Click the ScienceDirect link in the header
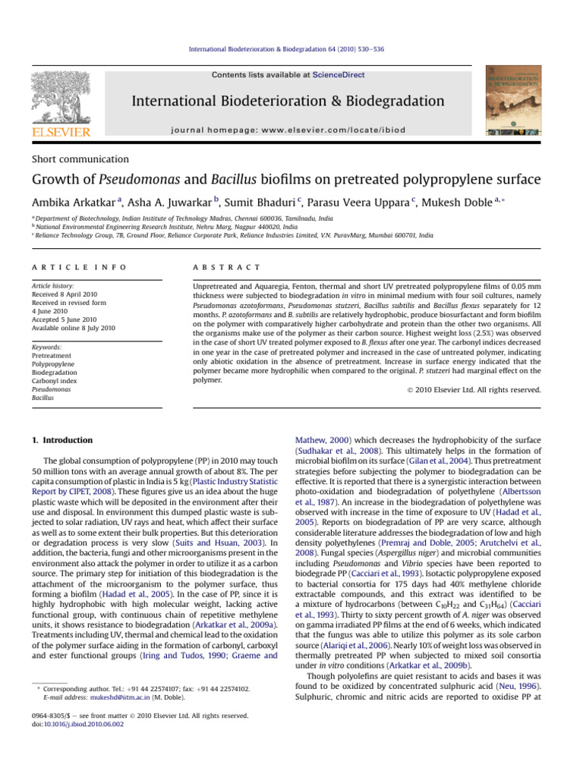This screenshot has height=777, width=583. (x=340, y=75)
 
